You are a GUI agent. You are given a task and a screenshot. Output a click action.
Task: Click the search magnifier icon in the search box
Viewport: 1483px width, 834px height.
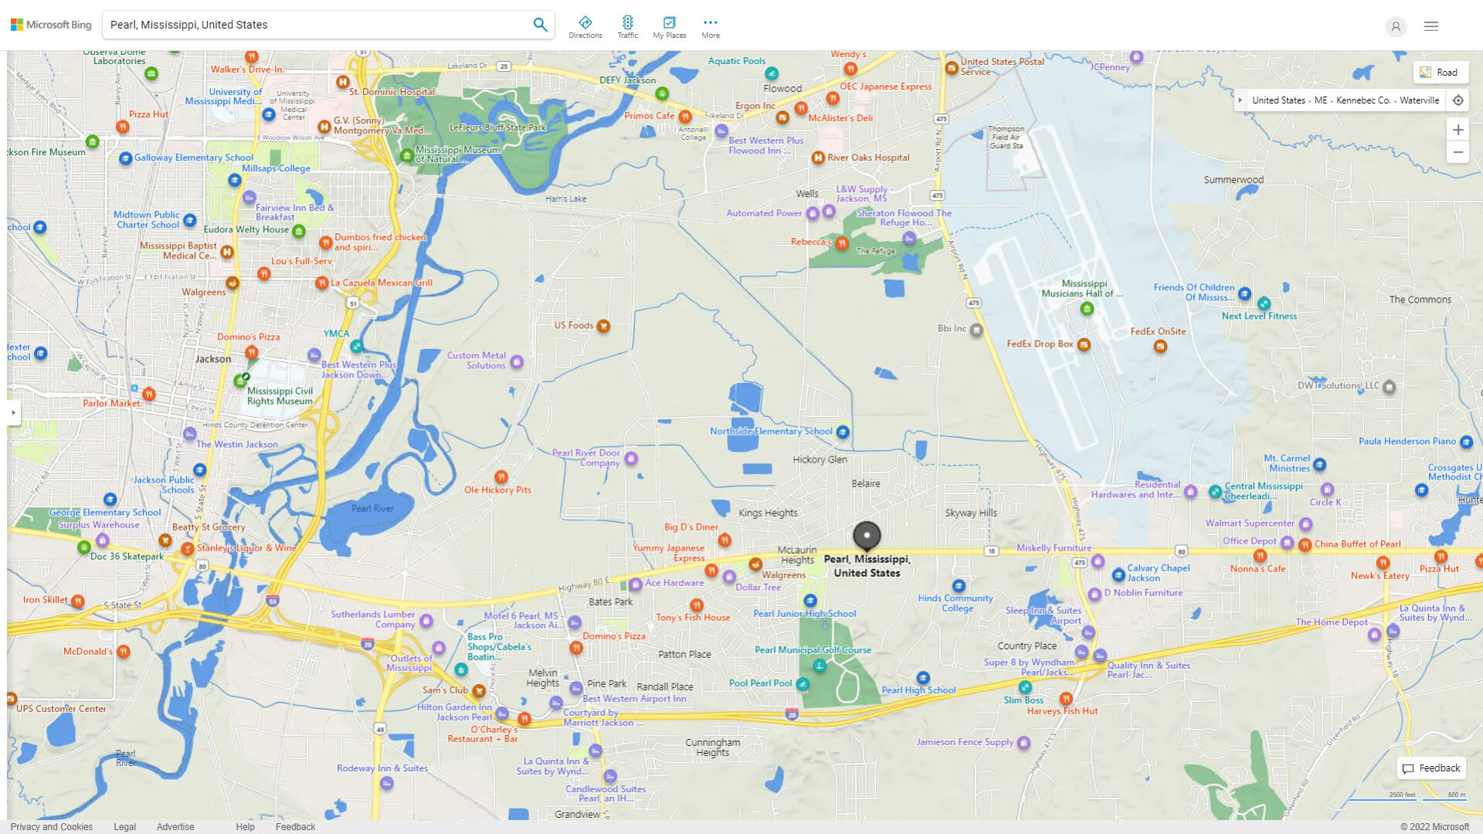pyautogui.click(x=540, y=25)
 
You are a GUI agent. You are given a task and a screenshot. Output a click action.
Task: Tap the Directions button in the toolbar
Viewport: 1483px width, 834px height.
pyautogui.click(x=585, y=27)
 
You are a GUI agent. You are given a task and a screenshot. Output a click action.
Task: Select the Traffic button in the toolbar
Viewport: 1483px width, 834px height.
pyautogui.click(x=628, y=27)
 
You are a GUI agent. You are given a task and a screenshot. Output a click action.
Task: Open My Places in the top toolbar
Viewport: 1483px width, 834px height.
pyautogui.click(x=669, y=27)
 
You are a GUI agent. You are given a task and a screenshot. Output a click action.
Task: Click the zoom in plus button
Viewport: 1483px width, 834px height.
pyautogui.click(x=1458, y=130)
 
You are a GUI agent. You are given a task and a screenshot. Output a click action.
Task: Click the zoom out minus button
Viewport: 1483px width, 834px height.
pyautogui.click(x=1458, y=152)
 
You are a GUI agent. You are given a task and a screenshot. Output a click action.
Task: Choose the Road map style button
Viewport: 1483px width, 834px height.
pyautogui.click(x=1440, y=73)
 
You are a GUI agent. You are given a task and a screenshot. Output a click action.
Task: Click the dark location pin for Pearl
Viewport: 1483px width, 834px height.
pyautogui.click(x=867, y=535)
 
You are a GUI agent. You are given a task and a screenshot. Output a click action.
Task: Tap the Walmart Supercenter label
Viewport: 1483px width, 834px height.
pyautogui.click(x=1249, y=524)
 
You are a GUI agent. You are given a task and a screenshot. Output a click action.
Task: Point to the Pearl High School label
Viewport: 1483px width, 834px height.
pyautogui.click(x=918, y=690)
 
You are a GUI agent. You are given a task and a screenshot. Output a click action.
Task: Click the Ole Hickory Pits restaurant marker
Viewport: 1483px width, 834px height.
pyautogui.click(x=501, y=477)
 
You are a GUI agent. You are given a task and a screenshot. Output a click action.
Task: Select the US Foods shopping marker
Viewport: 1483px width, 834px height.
pyautogui.click(x=603, y=326)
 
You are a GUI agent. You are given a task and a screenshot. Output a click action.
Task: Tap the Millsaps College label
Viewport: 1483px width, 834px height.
pyautogui.click(x=276, y=168)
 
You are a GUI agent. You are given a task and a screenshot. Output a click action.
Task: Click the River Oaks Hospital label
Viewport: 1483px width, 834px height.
pyautogui.click(x=868, y=158)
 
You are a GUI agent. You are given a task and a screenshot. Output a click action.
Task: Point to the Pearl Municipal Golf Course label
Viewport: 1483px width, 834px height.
pyautogui.click(x=813, y=650)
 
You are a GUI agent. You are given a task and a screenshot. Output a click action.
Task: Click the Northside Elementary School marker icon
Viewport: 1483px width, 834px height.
pyautogui.click(x=843, y=432)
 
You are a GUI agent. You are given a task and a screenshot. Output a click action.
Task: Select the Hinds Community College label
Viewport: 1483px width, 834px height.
pyautogui.click(x=955, y=603)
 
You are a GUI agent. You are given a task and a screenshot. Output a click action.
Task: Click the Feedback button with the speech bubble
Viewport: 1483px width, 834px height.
pyautogui.click(x=1431, y=768)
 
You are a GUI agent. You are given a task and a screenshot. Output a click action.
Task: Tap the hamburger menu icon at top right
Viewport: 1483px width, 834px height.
pyautogui.click(x=1431, y=26)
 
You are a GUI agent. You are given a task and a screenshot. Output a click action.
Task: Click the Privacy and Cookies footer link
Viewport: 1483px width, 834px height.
pyautogui.click(x=52, y=827)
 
